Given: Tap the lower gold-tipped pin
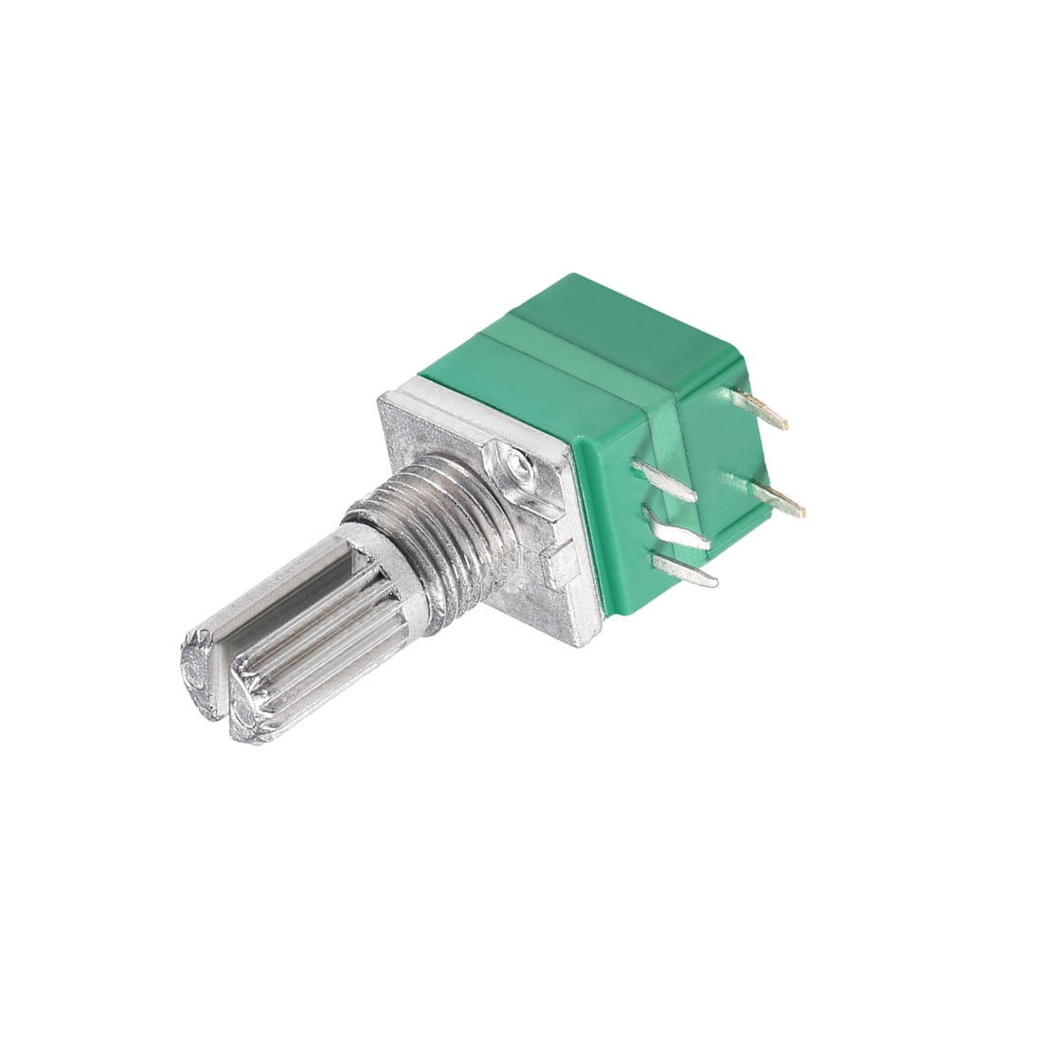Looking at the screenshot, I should [782, 497].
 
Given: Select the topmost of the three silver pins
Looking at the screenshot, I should [668, 480].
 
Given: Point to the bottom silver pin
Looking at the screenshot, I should [687, 567].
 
